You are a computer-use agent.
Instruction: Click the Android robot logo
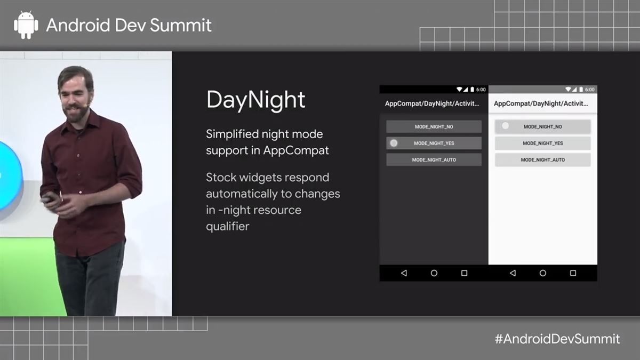[26, 25]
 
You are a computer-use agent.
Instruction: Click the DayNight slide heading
[255, 100]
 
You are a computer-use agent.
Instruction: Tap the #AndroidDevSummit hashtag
[557, 339]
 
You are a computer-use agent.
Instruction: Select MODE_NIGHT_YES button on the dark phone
[434, 143]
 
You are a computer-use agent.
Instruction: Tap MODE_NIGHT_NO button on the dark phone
[434, 126]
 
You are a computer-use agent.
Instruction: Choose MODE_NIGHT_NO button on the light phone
[542, 126]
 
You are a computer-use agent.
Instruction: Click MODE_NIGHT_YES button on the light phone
[542, 143]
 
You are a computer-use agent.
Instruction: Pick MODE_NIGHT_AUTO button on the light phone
[542, 160]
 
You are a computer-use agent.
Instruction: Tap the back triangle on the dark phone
[404, 273]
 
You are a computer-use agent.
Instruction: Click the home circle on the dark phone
[434, 273]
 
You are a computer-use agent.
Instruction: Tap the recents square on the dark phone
[464, 273]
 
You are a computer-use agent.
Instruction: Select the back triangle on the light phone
[513, 273]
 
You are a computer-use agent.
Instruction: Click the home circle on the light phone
[543, 273]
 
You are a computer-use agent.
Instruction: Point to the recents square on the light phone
[573, 273]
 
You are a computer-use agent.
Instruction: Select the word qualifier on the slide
[227, 226]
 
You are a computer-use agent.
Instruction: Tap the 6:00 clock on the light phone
[589, 89]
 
